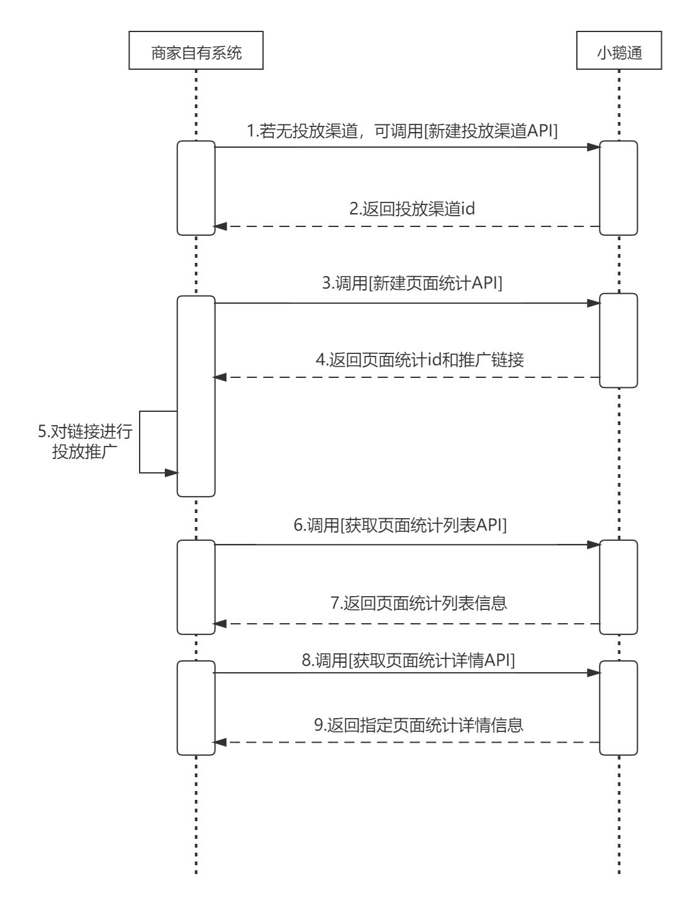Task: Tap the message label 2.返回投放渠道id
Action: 412,208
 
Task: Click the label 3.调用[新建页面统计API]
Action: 412,284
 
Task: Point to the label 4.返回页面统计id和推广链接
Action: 420,360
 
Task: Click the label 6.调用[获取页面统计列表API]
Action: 400,526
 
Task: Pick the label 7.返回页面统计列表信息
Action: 419,604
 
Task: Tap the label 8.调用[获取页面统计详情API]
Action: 408,660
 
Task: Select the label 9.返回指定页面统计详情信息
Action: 418,724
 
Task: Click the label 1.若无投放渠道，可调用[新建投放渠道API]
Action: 403,131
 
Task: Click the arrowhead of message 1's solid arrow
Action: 593,147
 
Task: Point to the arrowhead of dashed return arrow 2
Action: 220,226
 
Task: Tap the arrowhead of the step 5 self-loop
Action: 172,473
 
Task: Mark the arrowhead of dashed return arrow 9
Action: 220,742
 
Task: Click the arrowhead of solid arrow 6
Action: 593,545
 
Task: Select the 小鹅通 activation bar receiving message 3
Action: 618,340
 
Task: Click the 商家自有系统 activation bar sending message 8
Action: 196,707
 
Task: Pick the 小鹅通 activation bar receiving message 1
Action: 618,188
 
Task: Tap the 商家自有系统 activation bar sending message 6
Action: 196,587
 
